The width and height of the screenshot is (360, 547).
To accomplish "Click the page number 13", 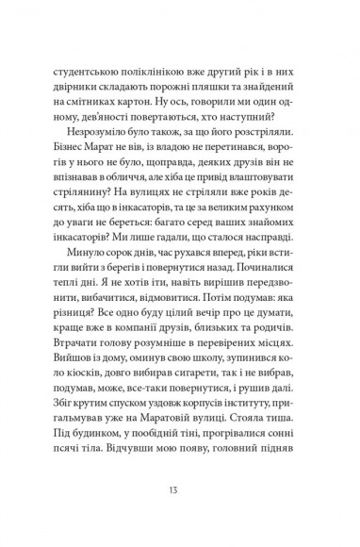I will point(180,488).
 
